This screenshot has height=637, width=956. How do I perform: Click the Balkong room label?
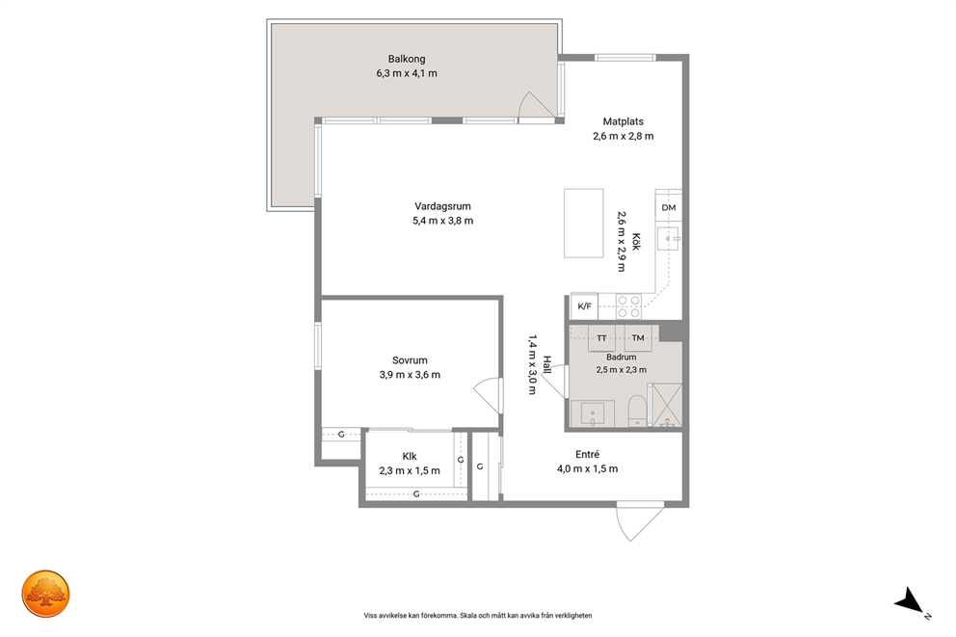click(407, 59)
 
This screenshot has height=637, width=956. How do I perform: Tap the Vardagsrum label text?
click(442, 206)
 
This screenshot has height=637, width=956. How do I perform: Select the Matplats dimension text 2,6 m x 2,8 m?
click(624, 136)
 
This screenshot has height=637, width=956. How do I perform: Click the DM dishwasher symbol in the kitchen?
click(669, 207)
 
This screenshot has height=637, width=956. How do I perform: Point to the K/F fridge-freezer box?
click(584, 306)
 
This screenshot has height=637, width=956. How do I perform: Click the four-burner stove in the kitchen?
click(628, 306)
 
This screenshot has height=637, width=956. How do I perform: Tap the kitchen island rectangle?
click(583, 224)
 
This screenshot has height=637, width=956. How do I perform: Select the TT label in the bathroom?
click(601, 338)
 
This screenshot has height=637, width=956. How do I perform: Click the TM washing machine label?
click(638, 337)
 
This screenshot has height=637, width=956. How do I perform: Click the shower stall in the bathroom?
click(665, 405)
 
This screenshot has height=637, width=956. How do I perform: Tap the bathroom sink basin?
click(592, 414)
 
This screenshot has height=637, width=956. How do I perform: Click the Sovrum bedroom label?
click(410, 360)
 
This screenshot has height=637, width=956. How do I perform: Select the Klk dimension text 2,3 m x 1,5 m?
click(410, 470)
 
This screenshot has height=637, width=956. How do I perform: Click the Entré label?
click(587, 454)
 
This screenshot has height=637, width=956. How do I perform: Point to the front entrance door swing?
click(639, 521)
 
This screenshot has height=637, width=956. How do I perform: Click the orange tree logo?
click(45, 594)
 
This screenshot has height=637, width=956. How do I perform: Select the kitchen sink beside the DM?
click(669, 238)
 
